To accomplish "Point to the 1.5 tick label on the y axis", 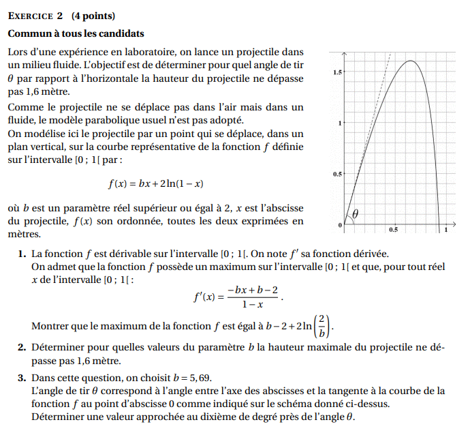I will pos(337,72).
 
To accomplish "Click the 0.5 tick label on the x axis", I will pos(394,230).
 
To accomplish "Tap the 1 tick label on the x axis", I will pos(446,231).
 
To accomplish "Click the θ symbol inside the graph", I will pos(355,214).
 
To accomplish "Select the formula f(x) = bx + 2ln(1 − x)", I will pos(156,183).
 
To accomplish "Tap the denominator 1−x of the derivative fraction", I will pos(253,304).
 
